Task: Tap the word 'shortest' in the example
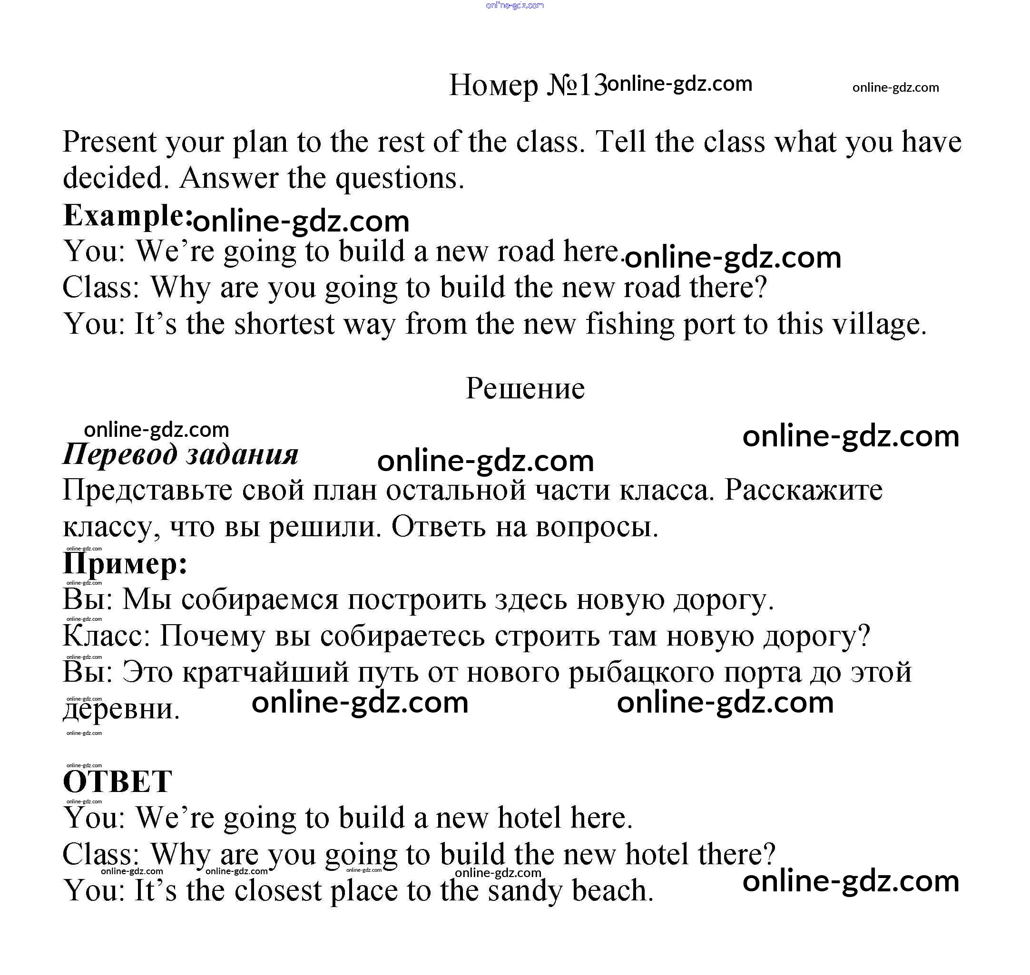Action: [x=284, y=324]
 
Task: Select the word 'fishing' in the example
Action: [x=629, y=324]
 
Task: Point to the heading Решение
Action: [x=525, y=388]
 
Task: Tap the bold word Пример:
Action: [x=125, y=563]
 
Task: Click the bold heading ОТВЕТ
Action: [x=117, y=781]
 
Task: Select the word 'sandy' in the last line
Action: [x=524, y=890]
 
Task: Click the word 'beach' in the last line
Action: [x=608, y=890]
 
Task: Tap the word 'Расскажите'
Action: [x=803, y=490]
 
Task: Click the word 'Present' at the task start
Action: [x=109, y=142]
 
